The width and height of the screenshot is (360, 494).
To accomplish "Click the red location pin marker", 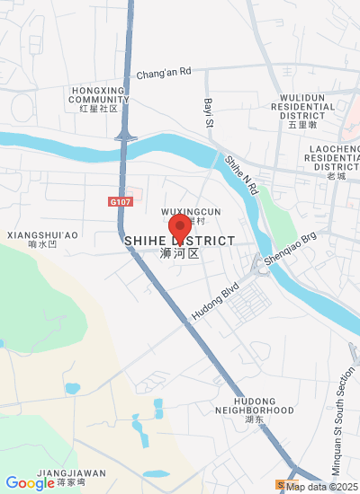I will [x=180, y=226].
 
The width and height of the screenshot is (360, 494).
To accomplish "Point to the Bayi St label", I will [x=208, y=112].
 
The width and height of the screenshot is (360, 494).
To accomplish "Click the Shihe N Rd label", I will [x=242, y=175].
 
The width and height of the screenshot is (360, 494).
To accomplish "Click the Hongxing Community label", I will [x=99, y=99].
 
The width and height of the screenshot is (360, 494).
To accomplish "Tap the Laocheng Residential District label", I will [x=333, y=156].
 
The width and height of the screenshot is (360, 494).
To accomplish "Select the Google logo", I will [x=29, y=483].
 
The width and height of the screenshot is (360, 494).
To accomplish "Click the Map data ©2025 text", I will [x=321, y=487].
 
